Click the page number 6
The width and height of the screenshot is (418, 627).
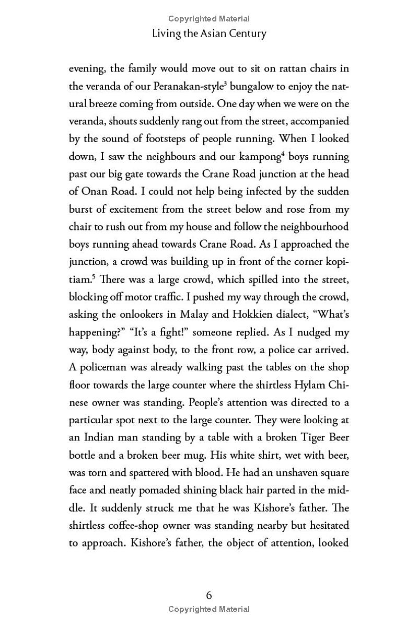(209, 595)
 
